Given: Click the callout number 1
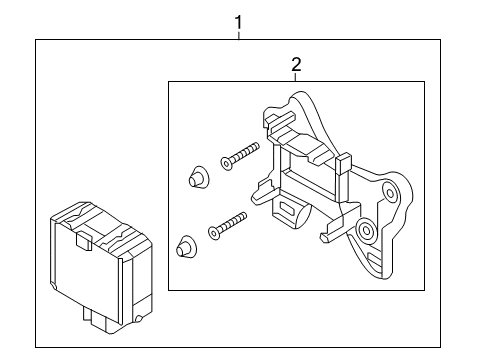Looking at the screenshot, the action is (238, 23).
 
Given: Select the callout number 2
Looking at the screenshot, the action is (296, 64).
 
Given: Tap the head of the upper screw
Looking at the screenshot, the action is (226, 163).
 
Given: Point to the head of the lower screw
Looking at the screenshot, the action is (214, 232).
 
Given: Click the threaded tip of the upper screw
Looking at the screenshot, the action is (256, 146).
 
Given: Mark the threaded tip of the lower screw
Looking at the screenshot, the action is (243, 216).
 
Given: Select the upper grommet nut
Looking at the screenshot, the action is (198, 176).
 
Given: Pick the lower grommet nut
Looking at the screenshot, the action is (186, 246).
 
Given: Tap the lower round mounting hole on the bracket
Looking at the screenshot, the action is (366, 230).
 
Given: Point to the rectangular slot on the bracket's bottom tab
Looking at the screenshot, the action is (286, 209).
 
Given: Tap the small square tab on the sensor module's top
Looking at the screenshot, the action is (84, 241).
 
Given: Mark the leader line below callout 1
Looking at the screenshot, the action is (238, 35).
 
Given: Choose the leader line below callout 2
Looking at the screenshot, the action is (296, 77).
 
